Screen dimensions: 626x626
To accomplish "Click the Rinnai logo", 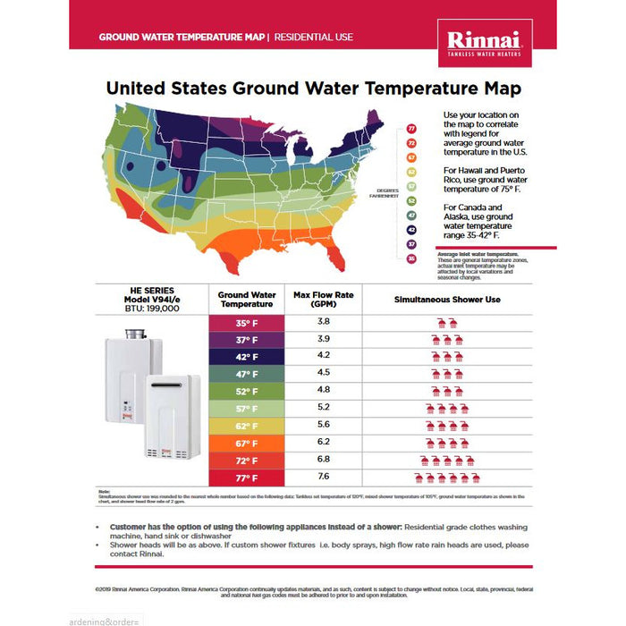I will pyautogui.click(x=489, y=42).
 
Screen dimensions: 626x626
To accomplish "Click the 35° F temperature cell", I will pyautogui.click(x=247, y=322).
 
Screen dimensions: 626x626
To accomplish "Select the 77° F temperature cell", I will pyautogui.click(x=247, y=477).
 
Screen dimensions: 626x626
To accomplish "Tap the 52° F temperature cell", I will pyautogui.click(x=247, y=391).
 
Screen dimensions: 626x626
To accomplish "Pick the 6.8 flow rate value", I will pyautogui.click(x=324, y=459).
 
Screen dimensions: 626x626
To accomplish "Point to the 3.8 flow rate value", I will pyautogui.click(x=324, y=321).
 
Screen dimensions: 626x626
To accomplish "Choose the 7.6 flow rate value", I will pyautogui.click(x=324, y=476).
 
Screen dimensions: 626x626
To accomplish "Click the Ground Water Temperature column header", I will pyautogui.click(x=247, y=300).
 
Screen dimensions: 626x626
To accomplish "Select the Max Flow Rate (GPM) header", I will pyautogui.click(x=323, y=300).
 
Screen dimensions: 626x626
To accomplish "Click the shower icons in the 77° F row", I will pyautogui.click(x=444, y=478).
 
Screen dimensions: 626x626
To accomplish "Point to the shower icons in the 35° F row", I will pyautogui.click(x=444, y=322).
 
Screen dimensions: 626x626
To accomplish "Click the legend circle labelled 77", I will pyautogui.click(x=412, y=130).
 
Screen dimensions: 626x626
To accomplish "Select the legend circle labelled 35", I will pyautogui.click(x=412, y=258).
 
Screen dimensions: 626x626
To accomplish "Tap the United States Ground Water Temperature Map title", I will pyautogui.click(x=313, y=89).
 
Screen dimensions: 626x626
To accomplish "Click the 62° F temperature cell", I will pyautogui.click(x=247, y=426).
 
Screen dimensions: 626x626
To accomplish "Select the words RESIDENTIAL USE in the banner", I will pyautogui.click(x=314, y=38).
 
